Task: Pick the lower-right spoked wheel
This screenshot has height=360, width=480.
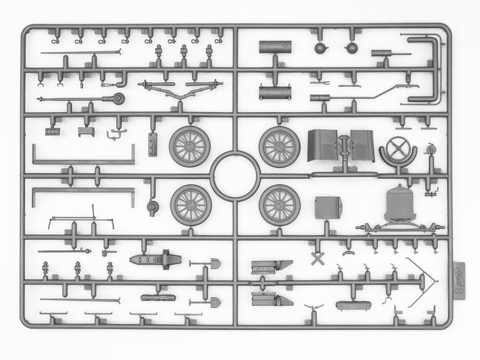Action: pyautogui.click(x=280, y=205)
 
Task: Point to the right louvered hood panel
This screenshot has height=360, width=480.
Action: pyautogui.click(x=362, y=146)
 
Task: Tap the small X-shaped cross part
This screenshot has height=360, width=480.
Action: pyautogui.click(x=317, y=259)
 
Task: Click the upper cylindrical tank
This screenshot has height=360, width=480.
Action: pyautogui.click(x=275, y=47)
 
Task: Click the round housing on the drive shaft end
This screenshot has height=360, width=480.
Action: pyautogui.click(x=119, y=99)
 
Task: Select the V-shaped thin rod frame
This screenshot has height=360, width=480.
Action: pyautogui.click(x=422, y=277)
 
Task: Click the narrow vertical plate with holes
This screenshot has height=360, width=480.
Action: pyautogui.click(x=151, y=144)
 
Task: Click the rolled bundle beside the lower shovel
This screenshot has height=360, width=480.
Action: pyautogui.click(x=157, y=297)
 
